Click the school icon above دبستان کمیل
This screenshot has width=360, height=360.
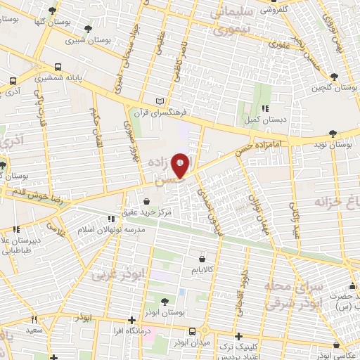coord(265,108)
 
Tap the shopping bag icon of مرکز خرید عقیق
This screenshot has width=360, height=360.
coord(146,201)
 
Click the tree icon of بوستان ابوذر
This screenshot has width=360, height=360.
coord(165,301)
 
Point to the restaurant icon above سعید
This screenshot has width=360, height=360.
coord(33,319)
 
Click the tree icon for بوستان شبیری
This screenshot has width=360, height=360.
coord(88,29)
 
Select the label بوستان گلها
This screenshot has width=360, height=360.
coord(53,22)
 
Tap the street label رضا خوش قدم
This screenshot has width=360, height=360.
coord(34,195)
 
